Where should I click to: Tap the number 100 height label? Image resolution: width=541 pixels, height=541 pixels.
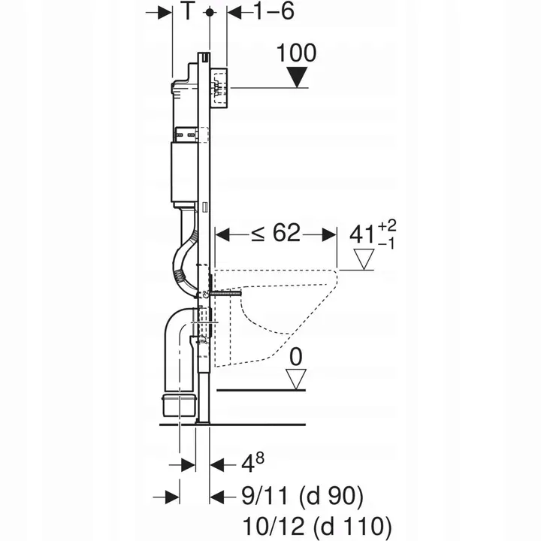tap(296, 53)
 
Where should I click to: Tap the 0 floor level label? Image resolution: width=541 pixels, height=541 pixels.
tap(297, 355)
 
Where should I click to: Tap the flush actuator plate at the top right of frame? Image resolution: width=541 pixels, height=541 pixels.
tap(219, 87)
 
